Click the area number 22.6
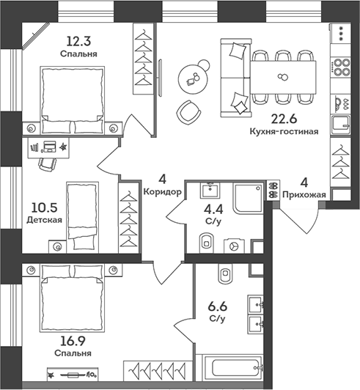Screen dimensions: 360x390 284,119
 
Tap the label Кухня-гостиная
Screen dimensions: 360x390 284,131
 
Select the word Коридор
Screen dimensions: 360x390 163,192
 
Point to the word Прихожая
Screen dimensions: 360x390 304,195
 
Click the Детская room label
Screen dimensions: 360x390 44,220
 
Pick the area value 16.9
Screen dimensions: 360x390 73,341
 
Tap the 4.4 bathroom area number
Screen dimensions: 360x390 213,210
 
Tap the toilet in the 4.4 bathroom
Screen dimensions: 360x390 207,243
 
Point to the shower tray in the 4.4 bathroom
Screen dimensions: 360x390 248,199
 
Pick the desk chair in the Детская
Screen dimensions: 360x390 47,164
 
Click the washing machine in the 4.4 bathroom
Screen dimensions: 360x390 234,246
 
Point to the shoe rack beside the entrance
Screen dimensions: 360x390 273,190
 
